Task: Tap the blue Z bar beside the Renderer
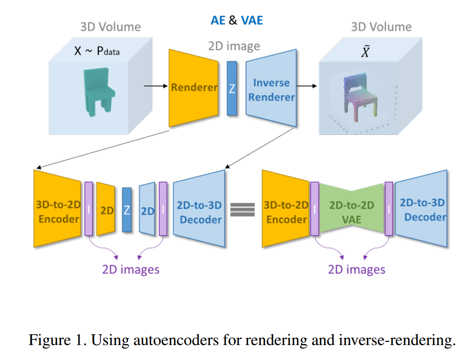232,89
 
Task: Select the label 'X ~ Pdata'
97,51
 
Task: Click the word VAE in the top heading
252,20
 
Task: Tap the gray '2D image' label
234,46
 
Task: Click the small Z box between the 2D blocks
127,210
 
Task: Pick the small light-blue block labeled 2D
148,210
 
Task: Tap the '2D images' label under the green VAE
357,269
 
